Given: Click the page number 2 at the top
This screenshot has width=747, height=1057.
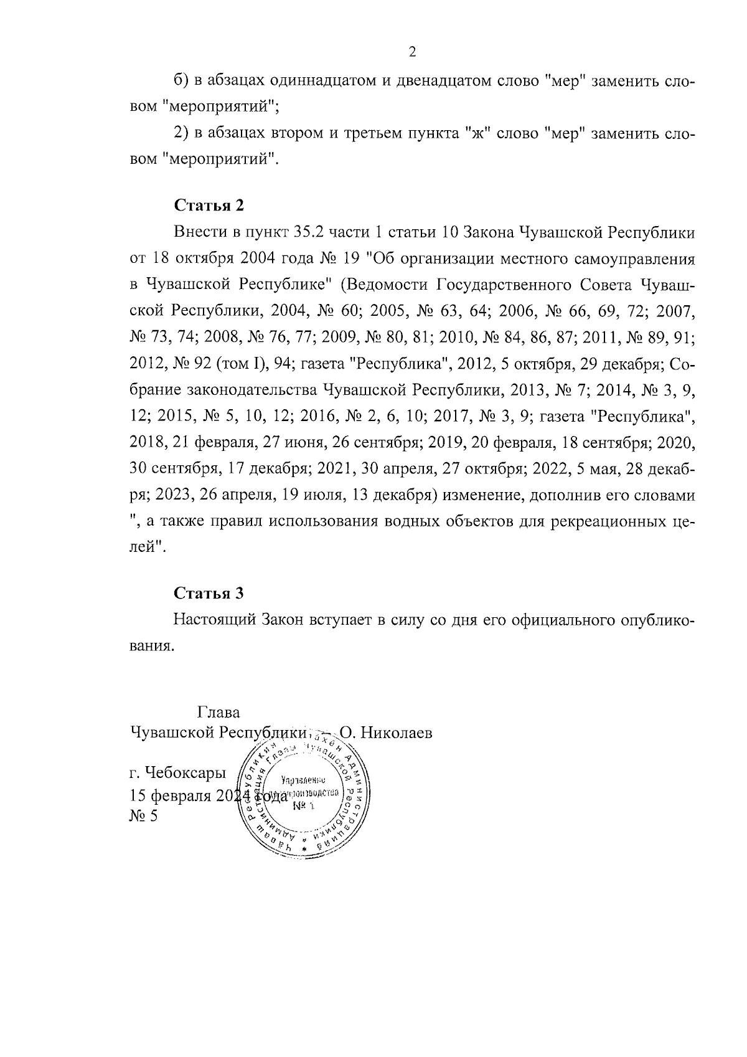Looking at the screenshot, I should pos(411,52).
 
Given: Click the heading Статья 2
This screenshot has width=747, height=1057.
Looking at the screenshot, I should pos(209,206).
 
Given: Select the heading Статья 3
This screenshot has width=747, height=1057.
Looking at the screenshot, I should pos(209,593).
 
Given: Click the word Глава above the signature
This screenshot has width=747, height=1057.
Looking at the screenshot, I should pos(218,712).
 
